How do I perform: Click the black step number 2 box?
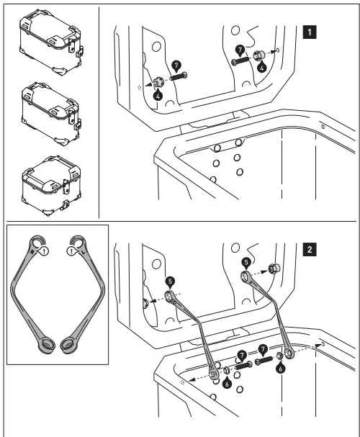click(309, 250)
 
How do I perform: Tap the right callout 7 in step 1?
click(240, 51)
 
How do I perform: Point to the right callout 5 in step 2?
click(246, 263)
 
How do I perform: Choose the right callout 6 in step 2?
click(279, 366)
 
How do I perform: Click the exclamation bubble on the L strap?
click(71, 251)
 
